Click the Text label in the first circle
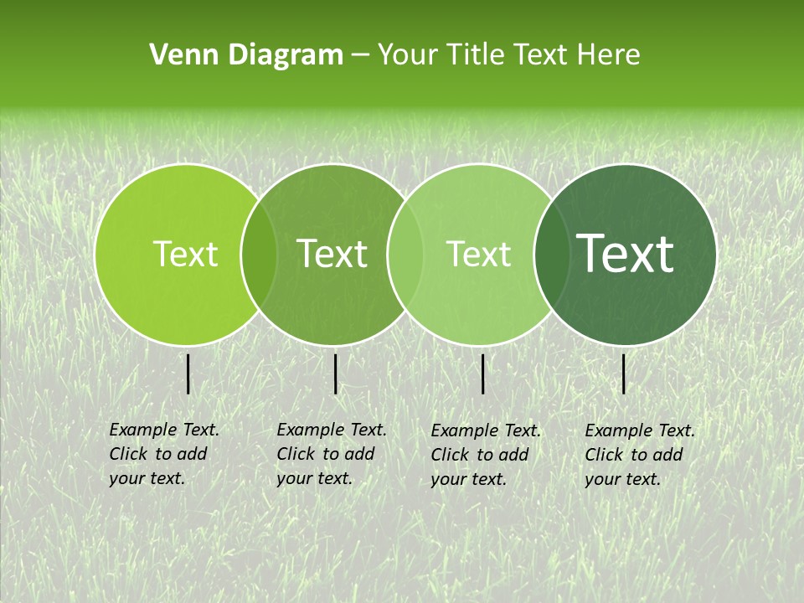(186, 255)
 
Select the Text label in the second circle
(332, 255)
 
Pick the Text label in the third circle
(479, 255)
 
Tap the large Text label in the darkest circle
(626, 255)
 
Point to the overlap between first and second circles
(259, 255)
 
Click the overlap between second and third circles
(405, 255)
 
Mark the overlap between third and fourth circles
(552, 255)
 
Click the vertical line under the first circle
(188, 374)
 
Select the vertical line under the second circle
(336, 374)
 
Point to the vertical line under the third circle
(483, 374)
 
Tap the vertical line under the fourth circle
(624, 374)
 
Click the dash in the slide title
(360, 55)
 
